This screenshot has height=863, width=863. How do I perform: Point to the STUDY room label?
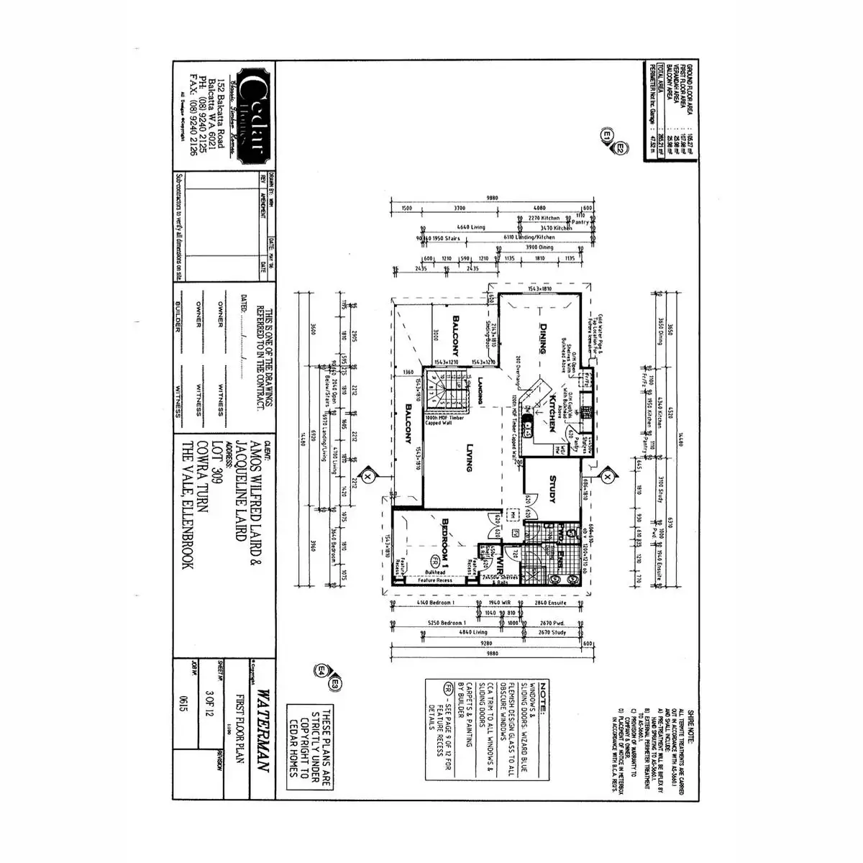tap(552, 489)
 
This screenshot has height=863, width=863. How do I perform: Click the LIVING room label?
tap(468, 457)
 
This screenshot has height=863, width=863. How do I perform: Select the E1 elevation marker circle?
tap(607, 134)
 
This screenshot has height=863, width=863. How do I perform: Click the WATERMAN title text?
tap(262, 731)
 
